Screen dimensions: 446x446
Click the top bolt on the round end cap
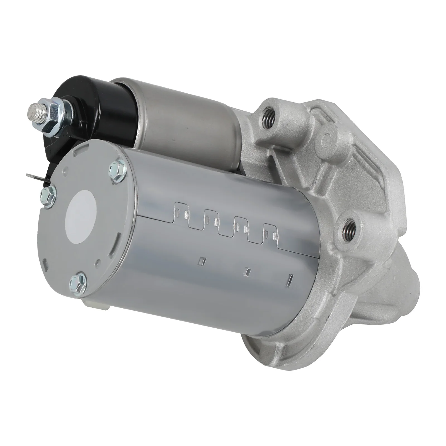tap(117, 168)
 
